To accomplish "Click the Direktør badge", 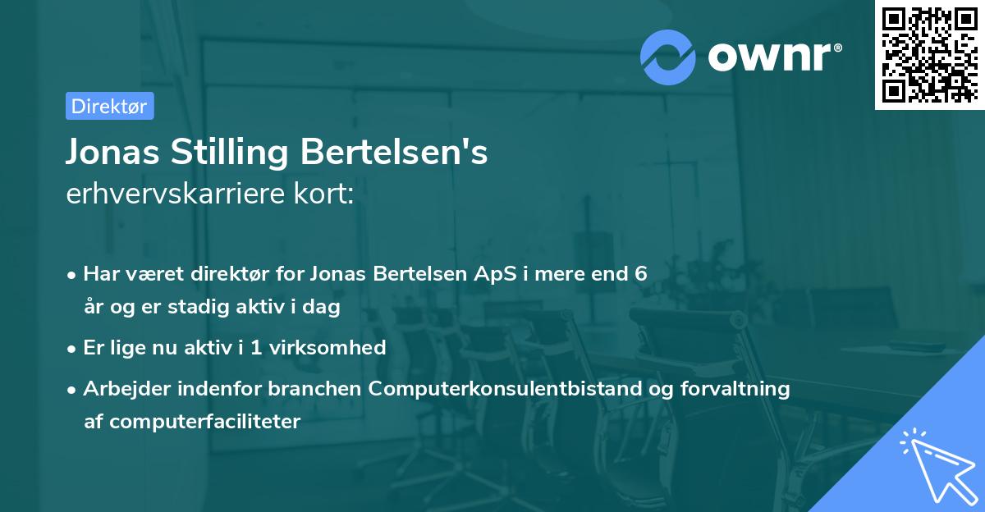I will (x=109, y=106).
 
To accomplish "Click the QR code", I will (x=928, y=54).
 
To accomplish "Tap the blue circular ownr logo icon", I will (x=668, y=57).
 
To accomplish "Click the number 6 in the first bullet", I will (x=641, y=273).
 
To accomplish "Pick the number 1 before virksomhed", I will (x=256, y=347).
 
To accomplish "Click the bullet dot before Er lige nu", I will (x=73, y=348).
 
